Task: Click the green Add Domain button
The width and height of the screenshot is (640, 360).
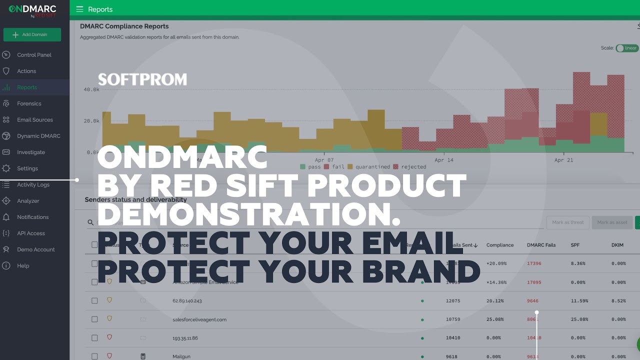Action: (x=32, y=34)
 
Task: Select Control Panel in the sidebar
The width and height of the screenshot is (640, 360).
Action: (x=34, y=55)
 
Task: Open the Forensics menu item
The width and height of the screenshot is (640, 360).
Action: (x=29, y=103)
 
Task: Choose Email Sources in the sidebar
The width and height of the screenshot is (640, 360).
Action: (x=34, y=120)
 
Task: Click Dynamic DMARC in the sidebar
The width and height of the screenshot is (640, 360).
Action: (x=38, y=136)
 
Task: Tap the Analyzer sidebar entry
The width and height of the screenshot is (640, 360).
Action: (x=28, y=201)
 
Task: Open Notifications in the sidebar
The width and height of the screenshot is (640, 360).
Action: (x=32, y=217)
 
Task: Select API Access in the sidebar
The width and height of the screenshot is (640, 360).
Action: (x=31, y=233)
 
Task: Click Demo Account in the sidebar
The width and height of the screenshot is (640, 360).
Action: (x=36, y=249)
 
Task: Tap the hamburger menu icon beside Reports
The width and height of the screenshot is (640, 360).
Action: (x=79, y=9)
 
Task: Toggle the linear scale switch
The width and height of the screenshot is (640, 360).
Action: (x=626, y=48)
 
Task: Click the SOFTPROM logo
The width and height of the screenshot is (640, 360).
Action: (x=142, y=79)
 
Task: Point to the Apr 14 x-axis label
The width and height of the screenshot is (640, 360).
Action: (x=444, y=160)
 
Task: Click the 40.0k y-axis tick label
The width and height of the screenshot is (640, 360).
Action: (x=91, y=89)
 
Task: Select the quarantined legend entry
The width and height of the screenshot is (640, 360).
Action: (x=369, y=166)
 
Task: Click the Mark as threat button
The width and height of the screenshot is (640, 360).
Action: (x=568, y=222)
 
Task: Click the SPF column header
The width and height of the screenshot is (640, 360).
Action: (x=575, y=245)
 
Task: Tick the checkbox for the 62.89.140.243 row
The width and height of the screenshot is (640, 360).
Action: (x=94, y=301)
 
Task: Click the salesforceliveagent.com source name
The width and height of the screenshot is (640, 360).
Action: (x=199, y=319)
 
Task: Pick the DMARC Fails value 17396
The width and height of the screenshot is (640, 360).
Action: (x=534, y=263)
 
